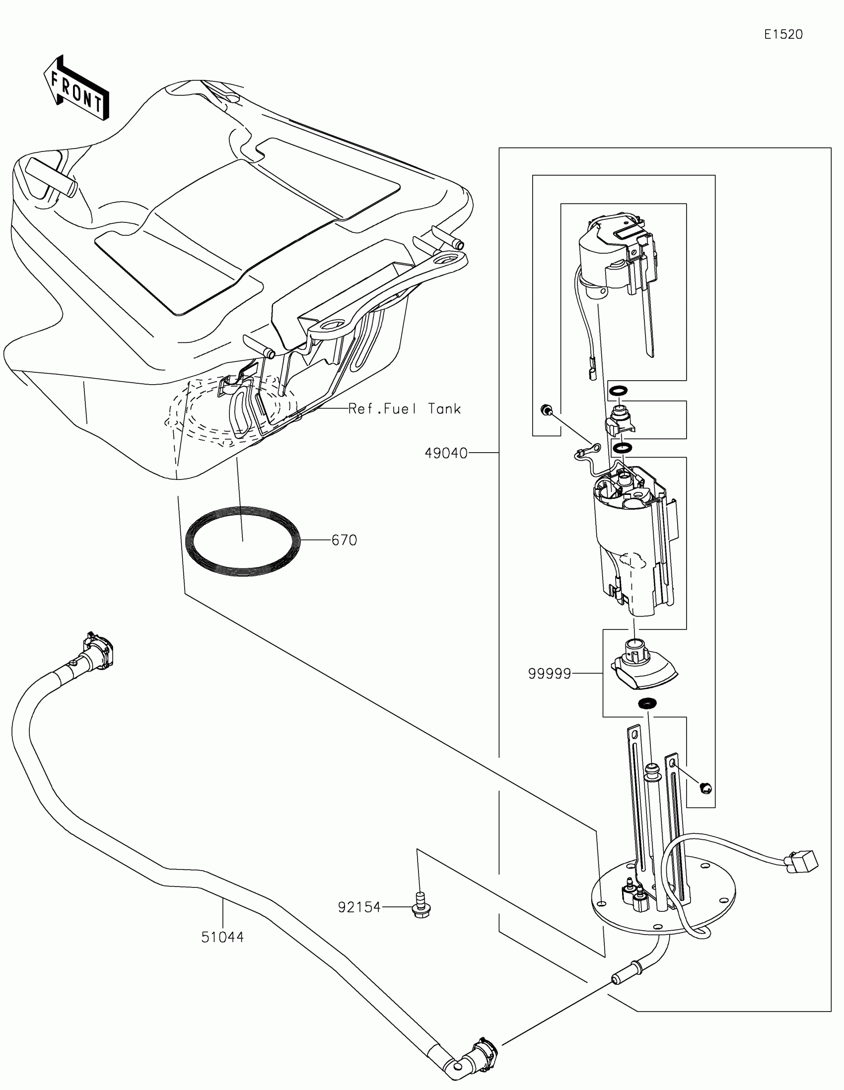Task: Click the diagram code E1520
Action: pos(783,34)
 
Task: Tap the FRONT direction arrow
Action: pos(76,89)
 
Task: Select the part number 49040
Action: pos(446,453)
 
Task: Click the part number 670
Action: pos(345,540)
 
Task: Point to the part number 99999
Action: pos(549,674)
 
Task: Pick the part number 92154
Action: pos(359,907)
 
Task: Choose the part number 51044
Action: pos(222,937)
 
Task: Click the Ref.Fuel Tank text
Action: pos(404,409)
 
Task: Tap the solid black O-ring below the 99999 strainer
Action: pos(647,703)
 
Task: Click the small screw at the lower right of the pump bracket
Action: pos(706,788)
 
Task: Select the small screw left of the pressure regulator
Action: pos(547,410)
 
